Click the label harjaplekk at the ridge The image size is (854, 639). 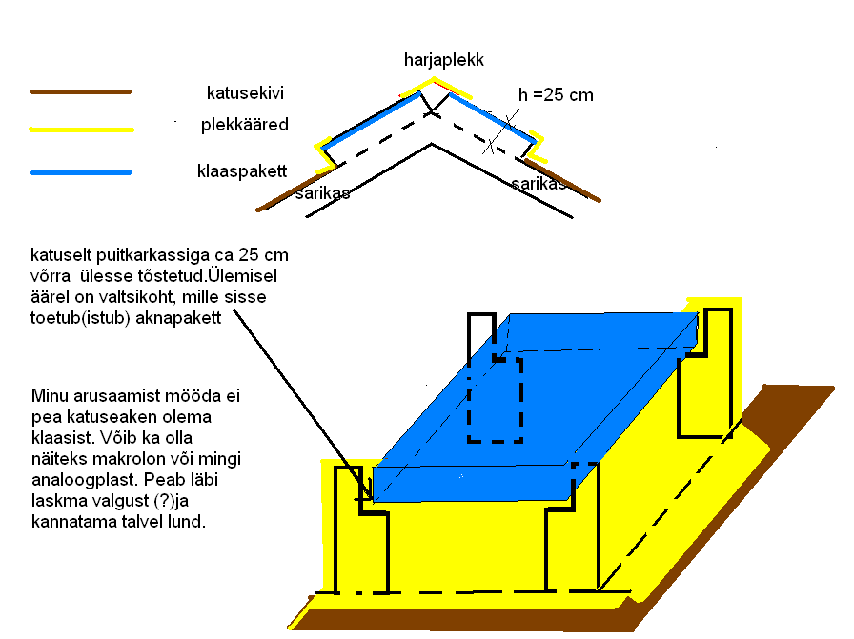click(x=443, y=60)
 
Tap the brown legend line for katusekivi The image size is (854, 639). click(x=80, y=92)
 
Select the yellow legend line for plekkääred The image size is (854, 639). click(x=81, y=129)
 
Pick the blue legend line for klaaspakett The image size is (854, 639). click(x=80, y=172)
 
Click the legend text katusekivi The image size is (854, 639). click(x=245, y=93)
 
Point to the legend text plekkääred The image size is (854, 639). click(x=244, y=126)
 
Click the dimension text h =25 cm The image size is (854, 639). click(x=555, y=94)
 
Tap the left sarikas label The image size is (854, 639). click(x=322, y=193)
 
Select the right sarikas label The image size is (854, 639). click(x=539, y=183)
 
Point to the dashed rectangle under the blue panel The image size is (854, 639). click(x=495, y=400)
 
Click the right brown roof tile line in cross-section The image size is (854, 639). click(x=562, y=179)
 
